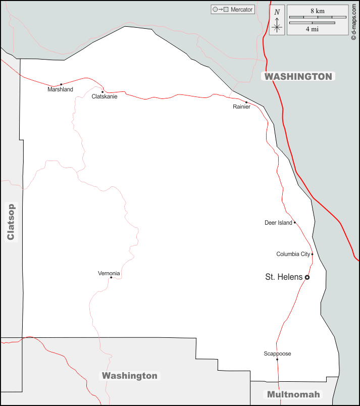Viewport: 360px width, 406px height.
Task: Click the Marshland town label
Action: [x=60, y=89]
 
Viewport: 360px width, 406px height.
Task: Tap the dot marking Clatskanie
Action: [x=102, y=92]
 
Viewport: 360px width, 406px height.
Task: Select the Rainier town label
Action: [x=241, y=107]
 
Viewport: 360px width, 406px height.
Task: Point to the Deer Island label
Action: [x=278, y=223]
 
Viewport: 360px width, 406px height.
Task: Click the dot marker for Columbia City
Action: [x=312, y=254]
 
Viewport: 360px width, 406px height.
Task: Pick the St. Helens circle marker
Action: [x=307, y=277]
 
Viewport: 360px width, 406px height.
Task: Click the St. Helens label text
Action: [x=284, y=277]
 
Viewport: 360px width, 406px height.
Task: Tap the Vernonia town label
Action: [x=109, y=273]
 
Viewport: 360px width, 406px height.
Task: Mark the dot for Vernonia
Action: [x=111, y=277]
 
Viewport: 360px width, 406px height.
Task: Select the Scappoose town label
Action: [x=277, y=353]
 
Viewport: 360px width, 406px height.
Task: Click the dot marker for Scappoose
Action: [x=277, y=360]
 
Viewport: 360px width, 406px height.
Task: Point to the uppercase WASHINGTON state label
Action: [x=298, y=76]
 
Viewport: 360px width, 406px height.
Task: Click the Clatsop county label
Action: [x=11, y=221]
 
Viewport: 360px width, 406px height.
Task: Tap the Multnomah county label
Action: [x=293, y=394]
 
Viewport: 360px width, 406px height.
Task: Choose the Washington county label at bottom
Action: [x=129, y=376]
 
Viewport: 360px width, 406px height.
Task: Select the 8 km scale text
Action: [x=317, y=11]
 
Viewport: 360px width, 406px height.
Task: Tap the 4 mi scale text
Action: [x=312, y=29]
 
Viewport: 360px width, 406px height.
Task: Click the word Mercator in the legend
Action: [x=241, y=10]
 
